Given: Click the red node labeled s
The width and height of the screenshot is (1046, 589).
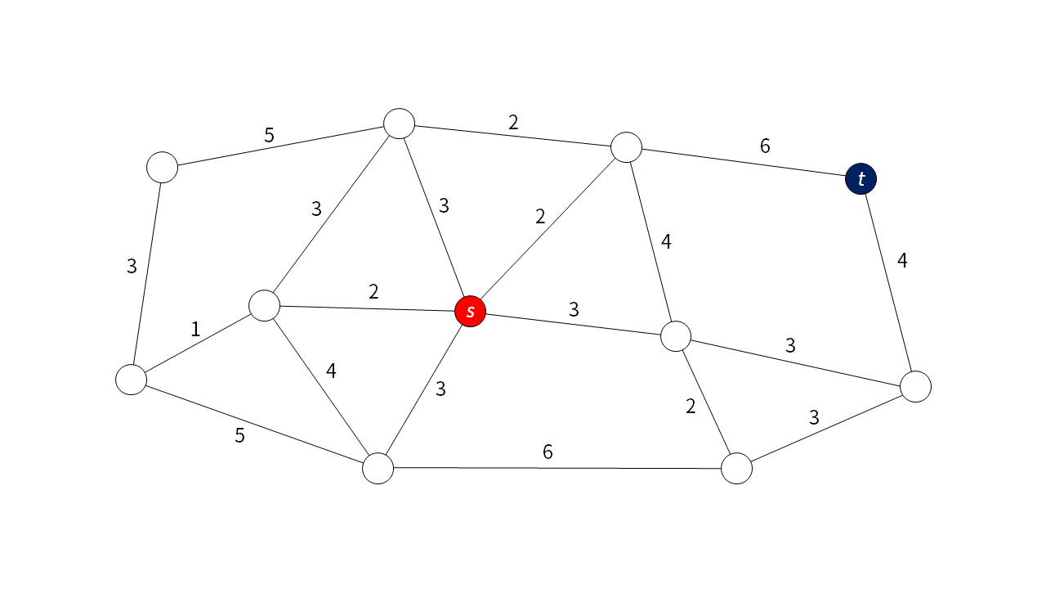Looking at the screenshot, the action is pyautogui.click(x=470, y=311).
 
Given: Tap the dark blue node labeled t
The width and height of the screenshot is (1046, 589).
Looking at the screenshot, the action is pyautogui.click(x=860, y=178).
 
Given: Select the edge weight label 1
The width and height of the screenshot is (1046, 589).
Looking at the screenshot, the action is pyautogui.click(x=195, y=330).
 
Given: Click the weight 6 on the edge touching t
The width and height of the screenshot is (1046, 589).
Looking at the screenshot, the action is pyautogui.click(x=765, y=146).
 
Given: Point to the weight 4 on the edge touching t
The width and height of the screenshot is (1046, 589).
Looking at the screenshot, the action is pyautogui.click(x=902, y=261).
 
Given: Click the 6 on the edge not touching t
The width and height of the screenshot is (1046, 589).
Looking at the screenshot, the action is pyautogui.click(x=548, y=452).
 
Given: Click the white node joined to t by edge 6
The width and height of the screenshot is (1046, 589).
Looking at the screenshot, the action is pyautogui.click(x=627, y=147).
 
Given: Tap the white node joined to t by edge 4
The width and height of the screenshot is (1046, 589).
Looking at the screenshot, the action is pyautogui.click(x=915, y=386).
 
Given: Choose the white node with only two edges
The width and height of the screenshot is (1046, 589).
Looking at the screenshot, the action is pyautogui.click(x=163, y=167).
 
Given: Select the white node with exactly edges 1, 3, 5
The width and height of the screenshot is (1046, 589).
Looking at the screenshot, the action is pyautogui.click(x=132, y=380).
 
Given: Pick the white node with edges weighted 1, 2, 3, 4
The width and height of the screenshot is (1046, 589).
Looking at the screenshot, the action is pyautogui.click(x=264, y=305).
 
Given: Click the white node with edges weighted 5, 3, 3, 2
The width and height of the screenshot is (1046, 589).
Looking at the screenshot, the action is pyautogui.click(x=400, y=124).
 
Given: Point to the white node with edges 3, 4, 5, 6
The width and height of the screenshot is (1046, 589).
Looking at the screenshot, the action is pyautogui.click(x=378, y=468).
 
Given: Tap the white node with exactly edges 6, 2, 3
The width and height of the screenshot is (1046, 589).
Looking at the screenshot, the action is pyautogui.click(x=736, y=469).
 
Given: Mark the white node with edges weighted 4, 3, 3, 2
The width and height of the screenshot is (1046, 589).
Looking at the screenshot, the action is pyautogui.click(x=676, y=335).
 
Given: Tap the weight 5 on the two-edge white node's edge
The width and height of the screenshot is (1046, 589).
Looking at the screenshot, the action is pyautogui.click(x=269, y=135).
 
